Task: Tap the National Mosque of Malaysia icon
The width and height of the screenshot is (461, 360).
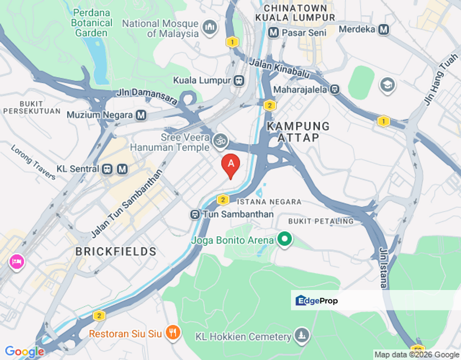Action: point(210,27)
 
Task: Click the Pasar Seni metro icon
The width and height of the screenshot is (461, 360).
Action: point(273,32)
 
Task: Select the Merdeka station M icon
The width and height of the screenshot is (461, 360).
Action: point(383,29)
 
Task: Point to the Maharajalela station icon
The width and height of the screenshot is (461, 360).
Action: point(334,90)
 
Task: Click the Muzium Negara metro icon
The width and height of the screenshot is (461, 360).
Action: point(141,115)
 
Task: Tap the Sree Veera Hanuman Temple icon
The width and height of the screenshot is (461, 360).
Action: point(220,141)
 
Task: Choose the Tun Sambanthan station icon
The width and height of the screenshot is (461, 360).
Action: point(195,214)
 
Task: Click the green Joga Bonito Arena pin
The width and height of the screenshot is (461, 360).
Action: point(285,239)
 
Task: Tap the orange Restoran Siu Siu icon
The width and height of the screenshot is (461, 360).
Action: point(172,332)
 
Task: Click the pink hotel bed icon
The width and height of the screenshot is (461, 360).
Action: point(16,261)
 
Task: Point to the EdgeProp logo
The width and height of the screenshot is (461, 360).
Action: point(316,300)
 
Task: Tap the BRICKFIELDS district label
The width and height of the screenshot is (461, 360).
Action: point(116,251)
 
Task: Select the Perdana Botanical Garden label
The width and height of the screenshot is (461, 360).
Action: point(91,22)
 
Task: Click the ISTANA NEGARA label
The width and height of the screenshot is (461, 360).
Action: point(269,202)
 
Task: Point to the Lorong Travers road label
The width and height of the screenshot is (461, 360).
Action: point(33,162)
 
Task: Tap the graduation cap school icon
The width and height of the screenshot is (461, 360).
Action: point(387,85)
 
